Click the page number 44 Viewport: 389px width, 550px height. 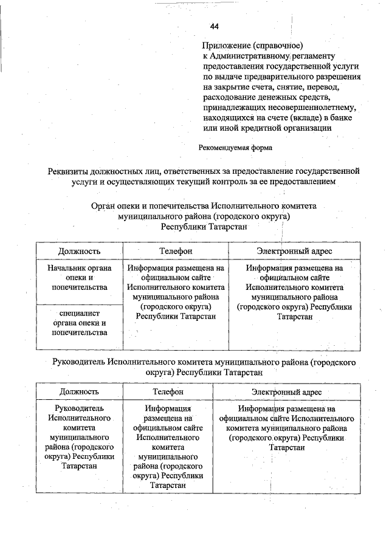[x=213, y=26]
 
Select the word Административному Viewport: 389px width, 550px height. [x=254, y=56]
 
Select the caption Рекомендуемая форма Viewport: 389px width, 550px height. [x=235, y=147]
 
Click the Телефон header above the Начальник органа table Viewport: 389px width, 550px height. [x=175, y=250]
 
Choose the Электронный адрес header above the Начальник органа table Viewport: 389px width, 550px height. [x=294, y=250]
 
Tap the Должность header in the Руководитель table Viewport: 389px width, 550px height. [x=79, y=392]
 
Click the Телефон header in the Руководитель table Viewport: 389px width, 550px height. [x=167, y=392]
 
